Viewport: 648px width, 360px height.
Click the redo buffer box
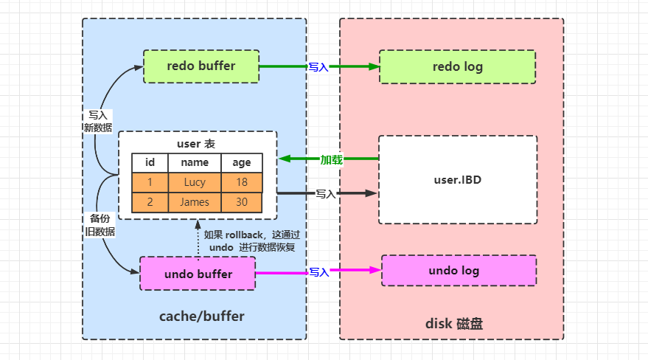(201, 66)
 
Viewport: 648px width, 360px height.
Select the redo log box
(457, 67)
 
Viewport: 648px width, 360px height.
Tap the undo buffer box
(198, 274)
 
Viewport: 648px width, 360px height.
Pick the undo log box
(458, 271)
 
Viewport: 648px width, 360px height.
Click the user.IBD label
(457, 179)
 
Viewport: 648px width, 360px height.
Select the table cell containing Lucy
(195, 182)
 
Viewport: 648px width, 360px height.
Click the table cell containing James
(195, 202)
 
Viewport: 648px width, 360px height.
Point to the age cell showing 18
(241, 182)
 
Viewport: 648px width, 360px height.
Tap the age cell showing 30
(241, 202)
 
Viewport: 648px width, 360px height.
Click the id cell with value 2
(150, 202)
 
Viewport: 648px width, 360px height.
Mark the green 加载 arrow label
(330, 159)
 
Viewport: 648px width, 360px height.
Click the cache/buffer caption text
(201, 316)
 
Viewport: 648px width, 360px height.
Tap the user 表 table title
(196, 143)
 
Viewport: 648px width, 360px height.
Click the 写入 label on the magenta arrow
(318, 272)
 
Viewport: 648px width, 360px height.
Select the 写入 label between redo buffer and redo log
(318, 67)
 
